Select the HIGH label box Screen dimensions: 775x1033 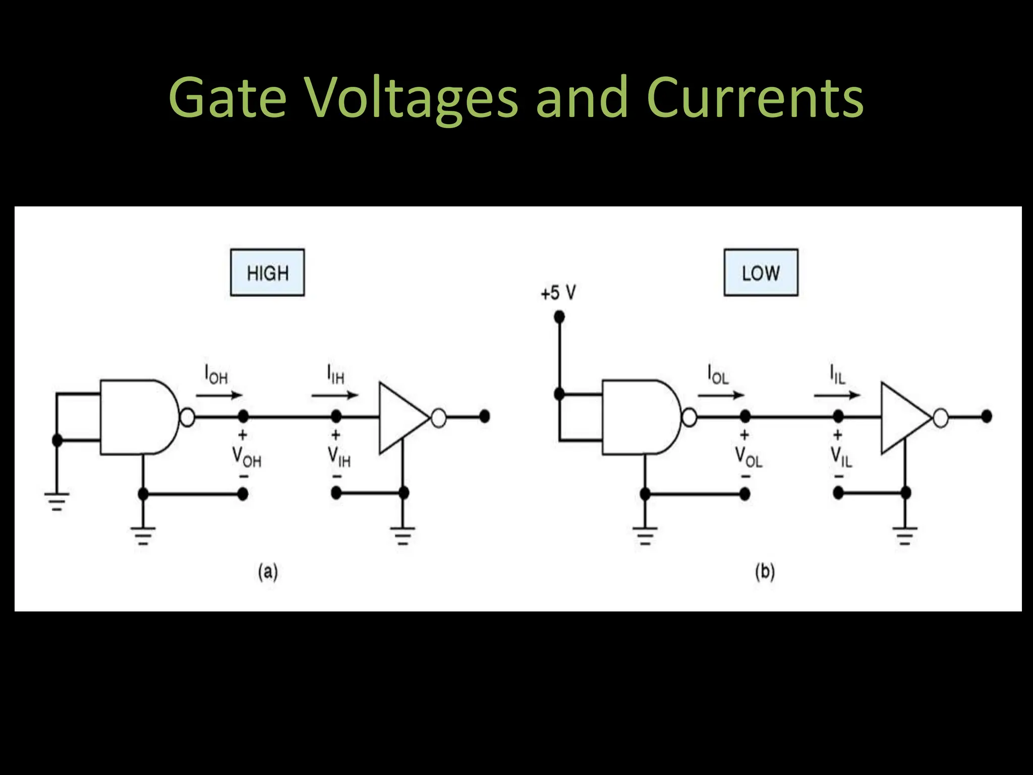267,272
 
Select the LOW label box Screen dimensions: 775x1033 761,272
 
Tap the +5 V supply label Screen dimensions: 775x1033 558,293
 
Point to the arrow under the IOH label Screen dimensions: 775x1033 219,395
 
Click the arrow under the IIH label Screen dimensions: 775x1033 334,395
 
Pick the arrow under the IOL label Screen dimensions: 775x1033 721,395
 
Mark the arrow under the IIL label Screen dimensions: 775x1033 836,395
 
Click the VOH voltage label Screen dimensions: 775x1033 246,457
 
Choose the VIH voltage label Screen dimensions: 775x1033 339,457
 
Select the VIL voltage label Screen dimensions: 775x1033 841,457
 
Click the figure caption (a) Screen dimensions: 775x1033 268,572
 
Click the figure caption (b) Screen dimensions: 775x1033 765,572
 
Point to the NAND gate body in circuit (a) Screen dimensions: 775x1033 136,417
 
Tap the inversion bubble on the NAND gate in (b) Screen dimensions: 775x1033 690,417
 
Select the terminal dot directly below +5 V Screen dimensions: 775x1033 559,317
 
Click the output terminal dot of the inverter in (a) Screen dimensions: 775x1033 484,416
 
